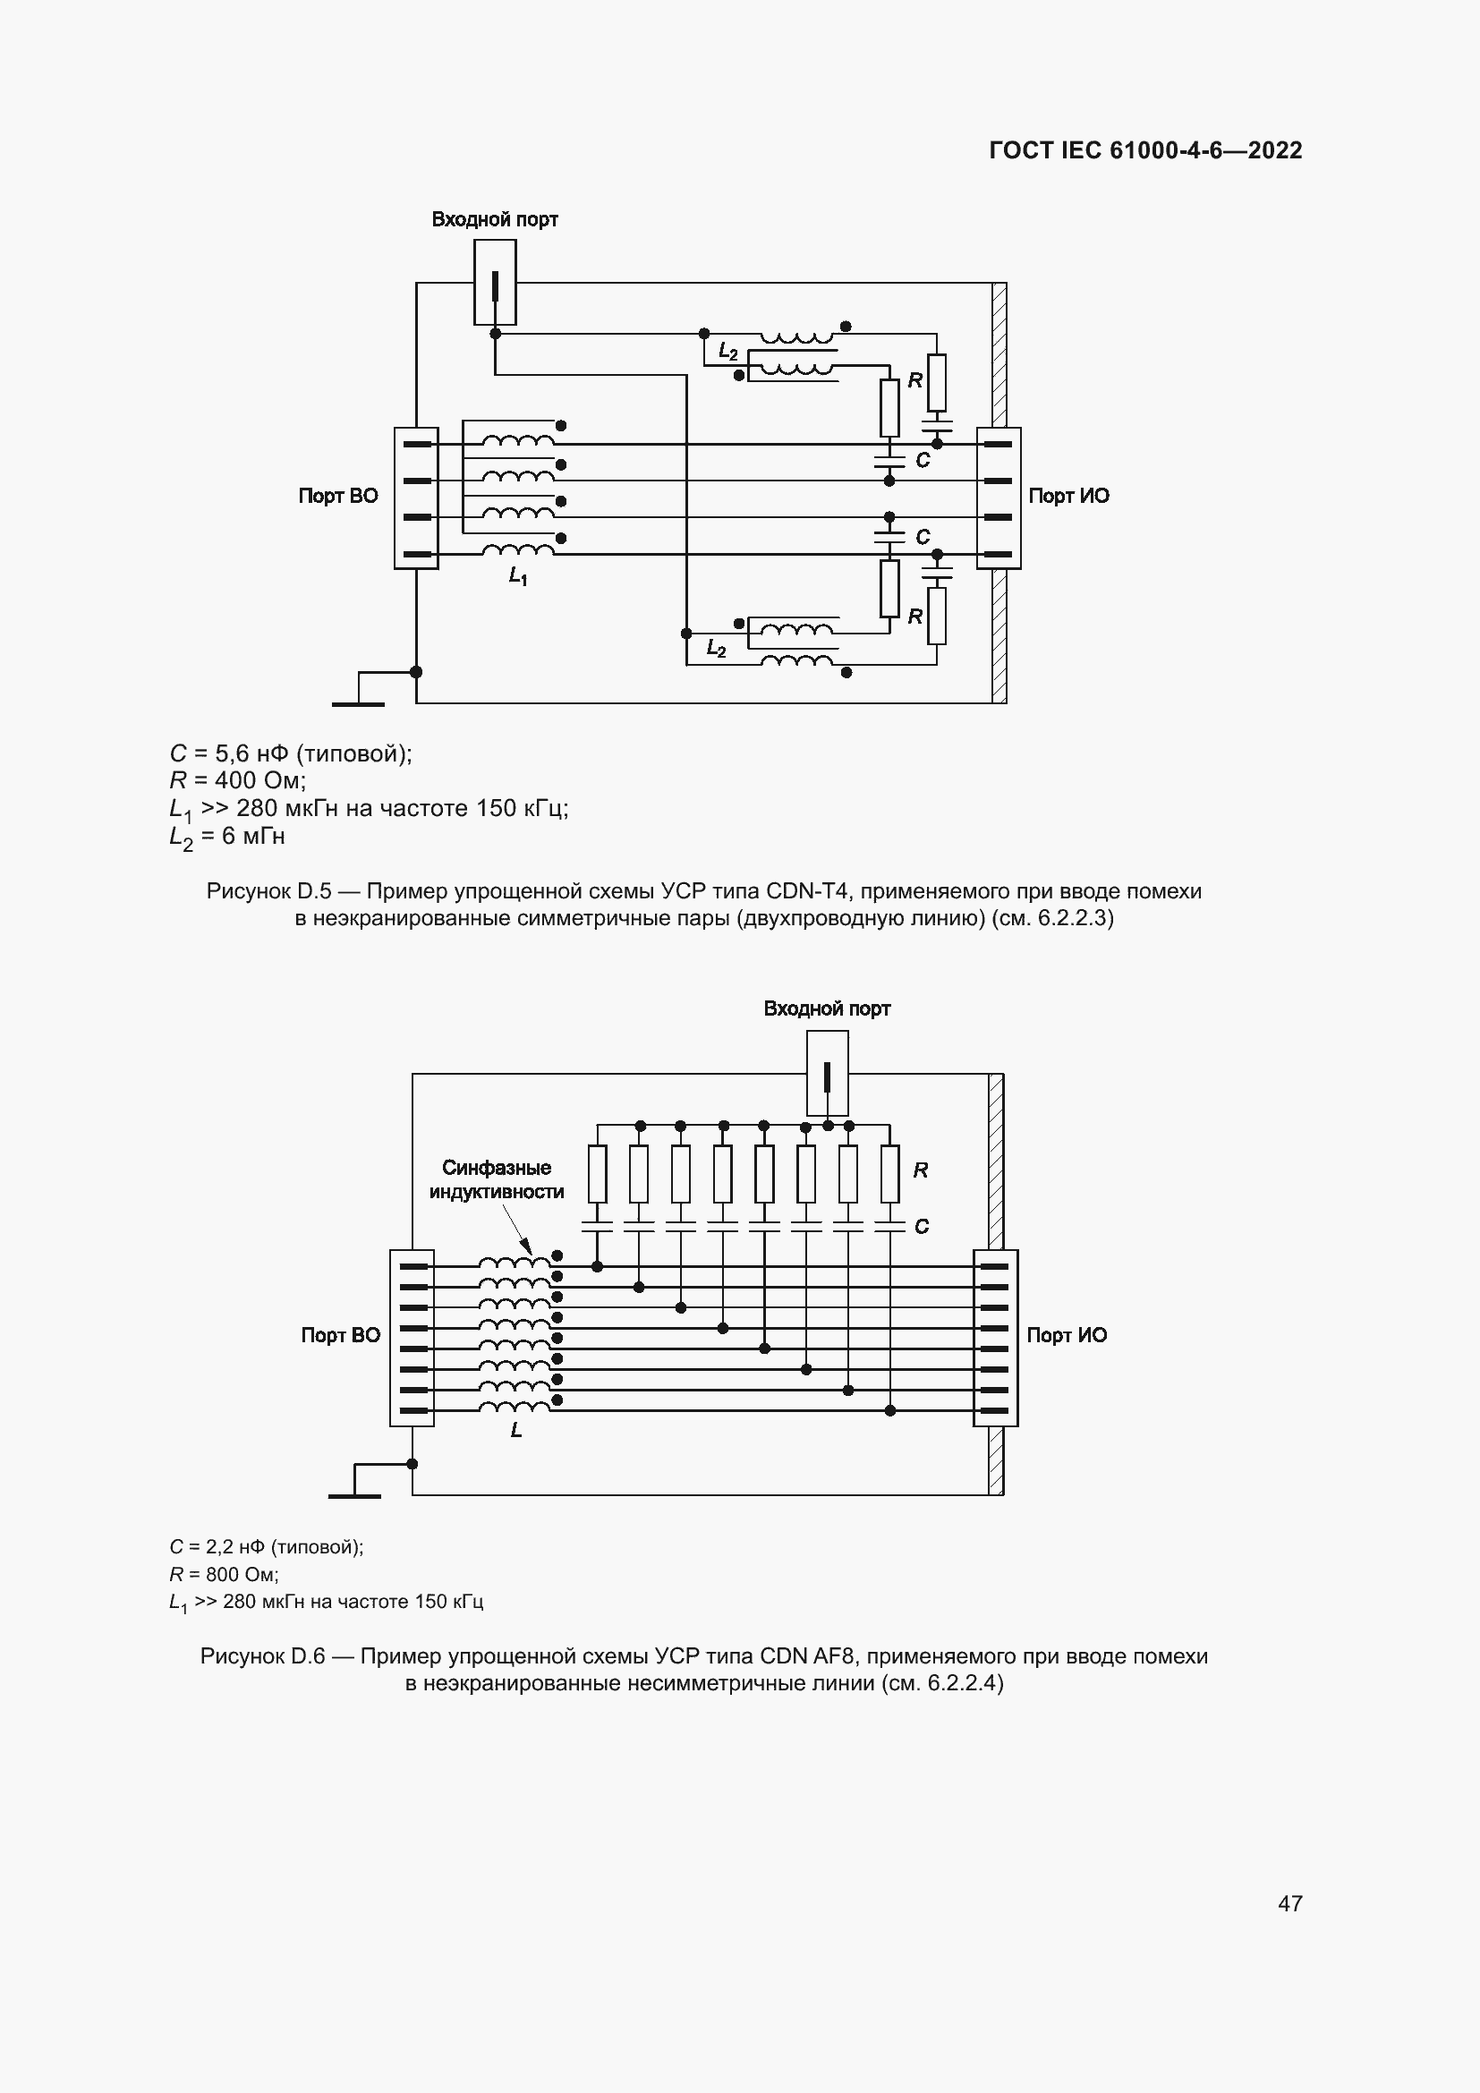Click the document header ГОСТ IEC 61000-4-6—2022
(1144, 150)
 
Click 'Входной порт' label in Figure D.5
(494, 220)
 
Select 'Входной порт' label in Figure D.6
(826, 1009)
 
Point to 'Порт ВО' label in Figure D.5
(338, 496)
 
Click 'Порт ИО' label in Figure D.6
(1067, 1335)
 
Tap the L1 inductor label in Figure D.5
(517, 576)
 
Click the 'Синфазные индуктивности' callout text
(497, 1179)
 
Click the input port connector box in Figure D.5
(495, 283)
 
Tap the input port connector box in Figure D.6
(827, 1074)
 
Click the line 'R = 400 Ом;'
(237, 780)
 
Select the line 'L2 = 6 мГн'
(227, 837)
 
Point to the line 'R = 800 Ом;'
(224, 1574)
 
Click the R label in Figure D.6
(921, 1170)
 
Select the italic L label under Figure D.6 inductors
(515, 1430)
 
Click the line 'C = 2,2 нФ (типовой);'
(266, 1547)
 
